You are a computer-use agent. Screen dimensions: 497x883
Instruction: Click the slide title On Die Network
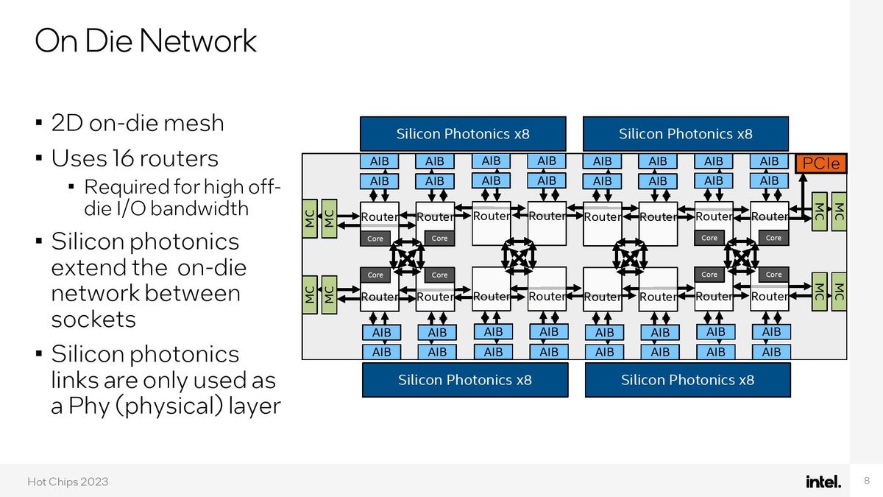[x=146, y=41]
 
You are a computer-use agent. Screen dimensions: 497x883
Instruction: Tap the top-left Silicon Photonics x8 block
[x=463, y=134]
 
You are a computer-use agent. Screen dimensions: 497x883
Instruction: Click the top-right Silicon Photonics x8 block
[x=685, y=134]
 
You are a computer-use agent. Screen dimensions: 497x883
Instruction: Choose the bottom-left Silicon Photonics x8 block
[x=464, y=380]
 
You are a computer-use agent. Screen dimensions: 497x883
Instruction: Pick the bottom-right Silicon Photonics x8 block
[x=687, y=380]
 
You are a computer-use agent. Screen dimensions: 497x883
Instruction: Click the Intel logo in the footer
[x=823, y=482]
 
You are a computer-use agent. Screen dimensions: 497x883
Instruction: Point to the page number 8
[x=865, y=482]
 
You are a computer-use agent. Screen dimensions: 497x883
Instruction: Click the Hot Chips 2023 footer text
[x=68, y=482]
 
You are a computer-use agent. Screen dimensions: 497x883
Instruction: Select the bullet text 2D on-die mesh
[x=137, y=122]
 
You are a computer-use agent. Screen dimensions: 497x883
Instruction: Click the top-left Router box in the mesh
[x=379, y=217]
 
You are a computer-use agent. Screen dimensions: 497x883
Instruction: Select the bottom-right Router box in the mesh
[x=770, y=296]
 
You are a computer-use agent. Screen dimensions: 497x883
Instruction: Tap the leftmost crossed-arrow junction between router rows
[x=407, y=256]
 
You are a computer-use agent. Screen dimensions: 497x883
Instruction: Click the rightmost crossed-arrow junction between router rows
[x=740, y=256]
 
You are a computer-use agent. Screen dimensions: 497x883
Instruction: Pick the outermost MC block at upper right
[x=838, y=211]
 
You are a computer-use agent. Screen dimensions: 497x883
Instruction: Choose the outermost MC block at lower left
[x=310, y=295]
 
